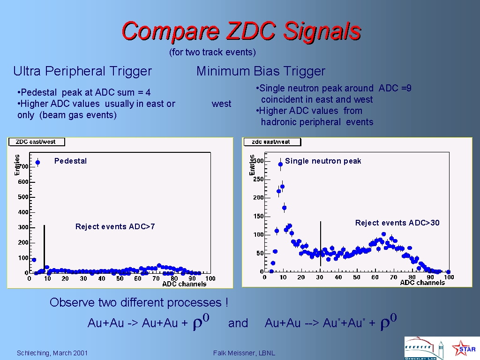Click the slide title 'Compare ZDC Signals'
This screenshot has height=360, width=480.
241,31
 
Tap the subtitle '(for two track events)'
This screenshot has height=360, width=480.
212,52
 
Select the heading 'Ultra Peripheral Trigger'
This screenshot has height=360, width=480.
82,71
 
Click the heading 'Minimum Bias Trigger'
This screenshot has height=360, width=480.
261,71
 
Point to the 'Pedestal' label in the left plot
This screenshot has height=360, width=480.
70,161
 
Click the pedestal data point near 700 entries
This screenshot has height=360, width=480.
37,163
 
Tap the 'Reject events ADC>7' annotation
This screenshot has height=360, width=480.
115,226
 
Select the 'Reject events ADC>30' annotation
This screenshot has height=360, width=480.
397,223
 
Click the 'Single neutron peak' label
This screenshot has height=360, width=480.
323,161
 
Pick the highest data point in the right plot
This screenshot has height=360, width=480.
280,165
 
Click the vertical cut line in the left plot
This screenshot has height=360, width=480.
45,248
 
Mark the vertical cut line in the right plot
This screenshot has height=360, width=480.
321,244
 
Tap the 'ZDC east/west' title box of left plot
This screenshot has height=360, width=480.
37,142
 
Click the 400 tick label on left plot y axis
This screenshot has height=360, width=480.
23,212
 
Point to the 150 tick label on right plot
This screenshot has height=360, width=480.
258,216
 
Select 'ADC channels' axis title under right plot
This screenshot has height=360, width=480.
422,283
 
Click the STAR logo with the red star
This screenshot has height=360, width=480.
464,348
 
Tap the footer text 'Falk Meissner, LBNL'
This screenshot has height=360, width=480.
244,353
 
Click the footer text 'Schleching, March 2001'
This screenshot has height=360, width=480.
52,353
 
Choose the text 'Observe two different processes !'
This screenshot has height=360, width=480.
139,302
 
